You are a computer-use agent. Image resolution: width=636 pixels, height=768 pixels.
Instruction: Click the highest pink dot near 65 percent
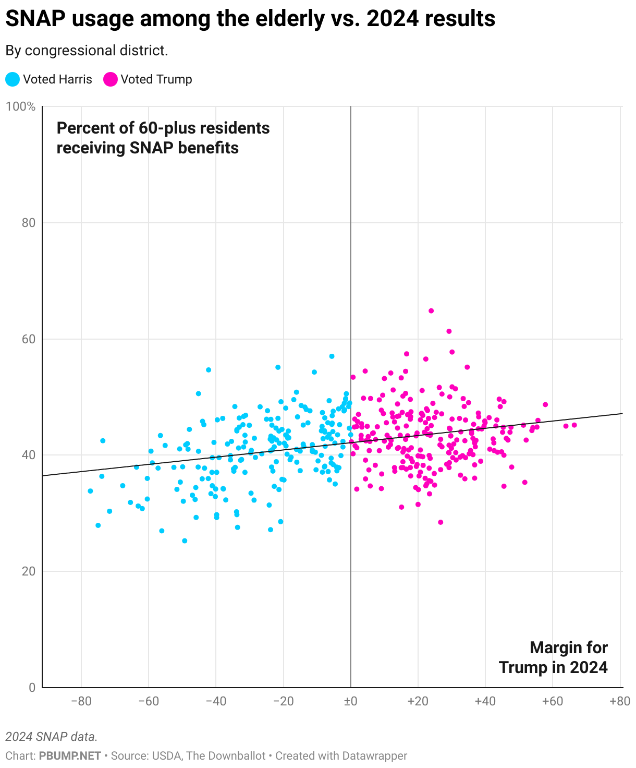coord(431,311)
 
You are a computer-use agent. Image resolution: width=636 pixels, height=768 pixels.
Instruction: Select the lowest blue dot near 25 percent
coord(185,541)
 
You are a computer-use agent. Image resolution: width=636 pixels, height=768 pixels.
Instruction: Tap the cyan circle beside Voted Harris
coord(13,79)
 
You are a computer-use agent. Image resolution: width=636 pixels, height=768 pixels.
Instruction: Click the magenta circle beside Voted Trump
coord(111,79)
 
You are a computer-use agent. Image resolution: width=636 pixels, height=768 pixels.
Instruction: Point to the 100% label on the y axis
coord(20,107)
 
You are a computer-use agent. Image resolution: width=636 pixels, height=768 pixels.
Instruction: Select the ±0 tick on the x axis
coord(350,701)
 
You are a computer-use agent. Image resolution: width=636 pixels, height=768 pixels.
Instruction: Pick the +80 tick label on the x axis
coord(619,701)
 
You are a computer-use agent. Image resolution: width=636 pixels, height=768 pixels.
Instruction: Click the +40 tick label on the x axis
coord(485,701)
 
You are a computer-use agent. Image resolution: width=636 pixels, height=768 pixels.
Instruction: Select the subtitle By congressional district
coord(87,51)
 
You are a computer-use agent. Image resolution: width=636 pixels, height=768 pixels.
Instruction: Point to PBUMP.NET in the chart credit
coord(70,755)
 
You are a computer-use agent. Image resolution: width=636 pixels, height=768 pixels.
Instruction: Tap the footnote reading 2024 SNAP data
coord(51,737)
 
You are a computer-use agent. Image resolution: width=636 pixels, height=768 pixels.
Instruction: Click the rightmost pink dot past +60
coord(574,425)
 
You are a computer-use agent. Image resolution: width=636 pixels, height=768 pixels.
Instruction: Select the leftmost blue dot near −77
coord(90,491)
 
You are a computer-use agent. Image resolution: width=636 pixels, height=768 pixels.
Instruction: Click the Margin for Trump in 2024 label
coord(553,657)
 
